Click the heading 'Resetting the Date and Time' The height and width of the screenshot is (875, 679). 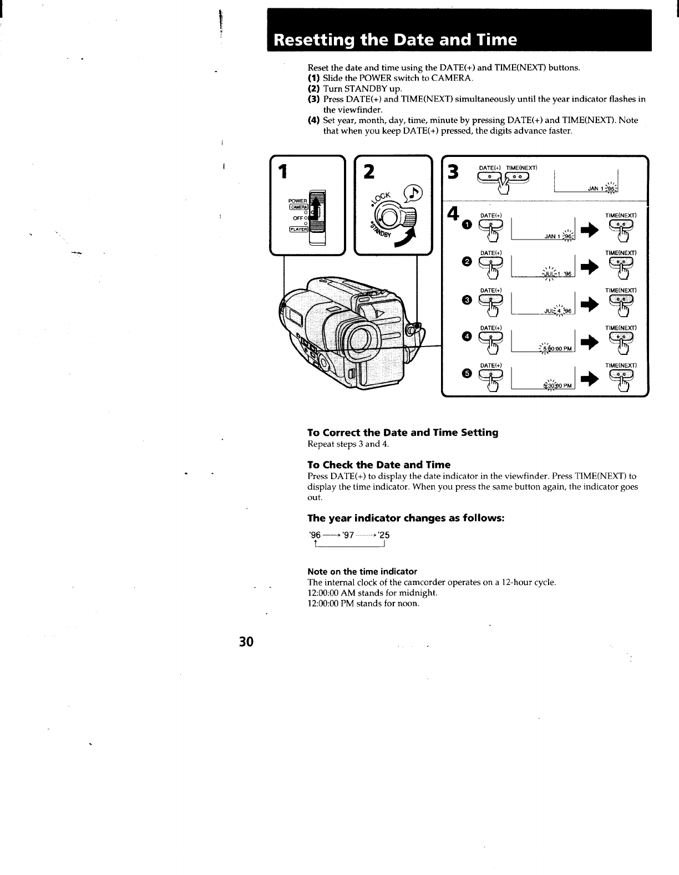(396, 40)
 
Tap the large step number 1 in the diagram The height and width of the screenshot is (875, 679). (283, 172)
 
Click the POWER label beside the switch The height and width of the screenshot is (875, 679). (297, 201)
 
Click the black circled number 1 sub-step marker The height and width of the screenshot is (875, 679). (467, 224)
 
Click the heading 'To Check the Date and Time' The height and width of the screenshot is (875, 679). (379, 465)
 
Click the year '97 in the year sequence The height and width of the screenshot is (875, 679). (348, 536)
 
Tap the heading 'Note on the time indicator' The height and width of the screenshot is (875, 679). (362, 572)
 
